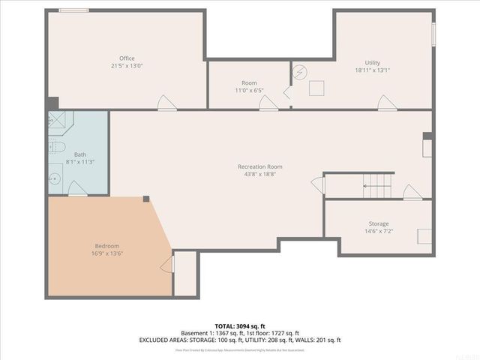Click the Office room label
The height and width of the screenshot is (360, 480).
127,58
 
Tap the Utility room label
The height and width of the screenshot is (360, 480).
373,62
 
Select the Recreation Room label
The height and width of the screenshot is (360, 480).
260,166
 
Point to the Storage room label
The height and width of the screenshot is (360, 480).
379,223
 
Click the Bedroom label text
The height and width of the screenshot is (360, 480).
106,246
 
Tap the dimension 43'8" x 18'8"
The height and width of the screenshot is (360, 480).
260,174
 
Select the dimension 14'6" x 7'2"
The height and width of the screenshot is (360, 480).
379,232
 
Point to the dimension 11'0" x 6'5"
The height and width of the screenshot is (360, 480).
249,91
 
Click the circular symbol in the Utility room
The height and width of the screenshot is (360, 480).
300,73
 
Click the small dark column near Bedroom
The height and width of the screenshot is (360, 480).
146,199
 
